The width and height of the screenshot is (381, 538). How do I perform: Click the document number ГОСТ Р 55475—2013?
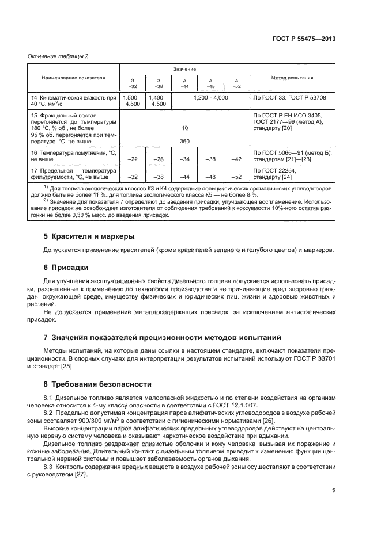304,38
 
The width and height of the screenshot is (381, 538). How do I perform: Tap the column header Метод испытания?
292,77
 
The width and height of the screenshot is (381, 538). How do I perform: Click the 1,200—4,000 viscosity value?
211,98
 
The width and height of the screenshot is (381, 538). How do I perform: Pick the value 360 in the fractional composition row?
184,141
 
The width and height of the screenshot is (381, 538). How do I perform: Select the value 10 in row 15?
184,128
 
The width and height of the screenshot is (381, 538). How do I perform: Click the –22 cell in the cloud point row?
132,158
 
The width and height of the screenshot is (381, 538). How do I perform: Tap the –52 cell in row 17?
236,177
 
